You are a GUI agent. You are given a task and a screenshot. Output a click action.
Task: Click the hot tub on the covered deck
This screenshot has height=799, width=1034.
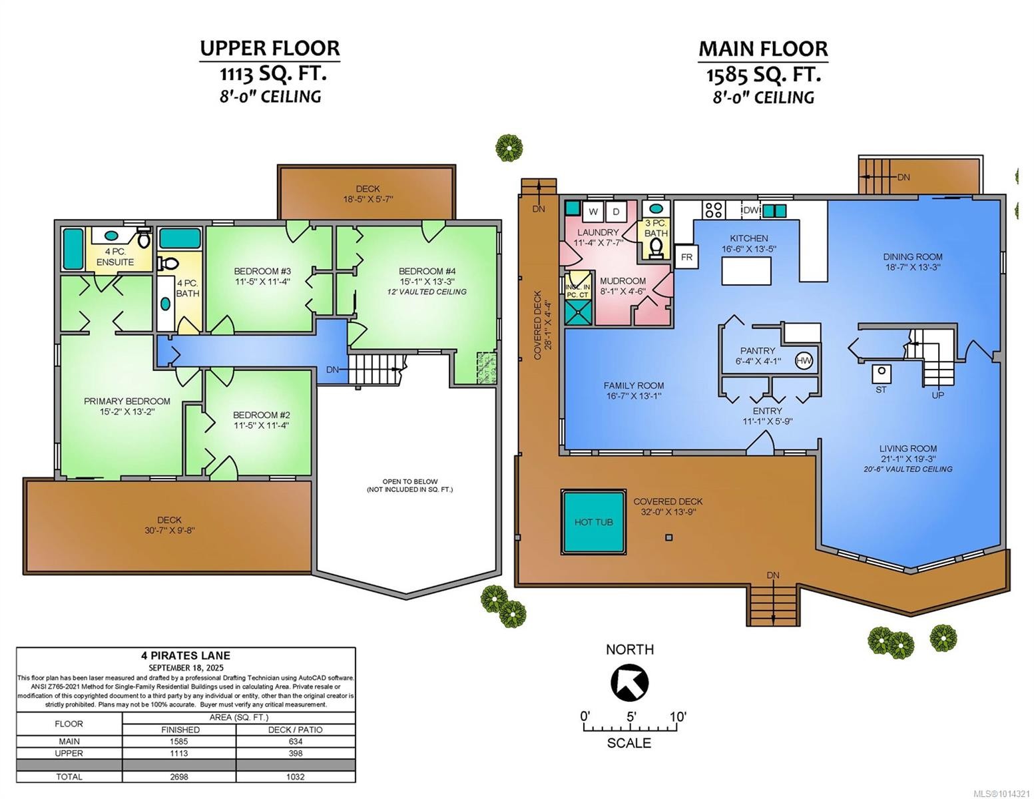tap(593, 522)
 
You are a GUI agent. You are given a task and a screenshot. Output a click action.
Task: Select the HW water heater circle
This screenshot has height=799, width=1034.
tap(804, 360)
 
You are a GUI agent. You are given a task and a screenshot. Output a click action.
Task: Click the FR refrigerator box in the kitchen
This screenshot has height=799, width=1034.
tap(686, 257)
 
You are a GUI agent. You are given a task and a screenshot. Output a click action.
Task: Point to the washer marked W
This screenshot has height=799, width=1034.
tap(593, 212)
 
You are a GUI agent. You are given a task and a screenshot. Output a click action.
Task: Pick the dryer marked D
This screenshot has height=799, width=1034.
tap(616, 212)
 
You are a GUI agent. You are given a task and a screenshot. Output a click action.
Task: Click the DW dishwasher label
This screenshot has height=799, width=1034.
tap(750, 210)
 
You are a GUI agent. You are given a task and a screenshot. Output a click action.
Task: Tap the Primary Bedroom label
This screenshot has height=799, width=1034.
tap(127, 401)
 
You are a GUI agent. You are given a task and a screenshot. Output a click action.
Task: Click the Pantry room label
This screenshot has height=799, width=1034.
tap(758, 351)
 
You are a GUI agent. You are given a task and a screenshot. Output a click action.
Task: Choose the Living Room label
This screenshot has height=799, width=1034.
tap(907, 449)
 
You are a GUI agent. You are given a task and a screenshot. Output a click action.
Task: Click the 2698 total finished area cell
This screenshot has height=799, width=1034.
tap(178, 776)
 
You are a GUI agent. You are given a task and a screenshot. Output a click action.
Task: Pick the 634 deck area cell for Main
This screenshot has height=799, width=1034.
tap(295, 741)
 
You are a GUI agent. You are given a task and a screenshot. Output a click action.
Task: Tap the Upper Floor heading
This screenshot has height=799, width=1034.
tap(270, 48)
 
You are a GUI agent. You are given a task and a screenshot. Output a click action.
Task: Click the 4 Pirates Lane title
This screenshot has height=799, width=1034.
tap(186, 655)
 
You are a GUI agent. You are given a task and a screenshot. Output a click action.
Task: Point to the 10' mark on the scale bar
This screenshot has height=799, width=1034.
tap(678, 717)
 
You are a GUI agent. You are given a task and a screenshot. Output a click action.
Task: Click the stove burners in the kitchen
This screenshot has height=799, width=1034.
tap(714, 210)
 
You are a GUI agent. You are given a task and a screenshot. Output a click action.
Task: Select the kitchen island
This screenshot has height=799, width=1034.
tap(747, 271)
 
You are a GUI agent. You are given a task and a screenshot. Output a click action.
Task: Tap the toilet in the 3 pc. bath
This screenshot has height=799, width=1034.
tap(656, 247)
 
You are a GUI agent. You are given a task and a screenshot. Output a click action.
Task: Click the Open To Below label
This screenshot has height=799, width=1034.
tap(409, 481)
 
